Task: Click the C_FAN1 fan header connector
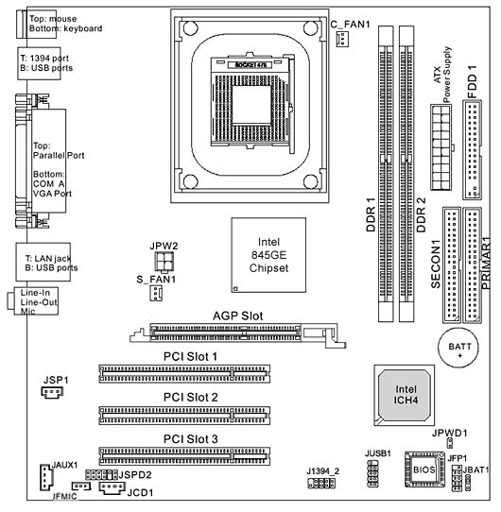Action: coord(342,39)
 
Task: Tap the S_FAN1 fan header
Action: coord(156,293)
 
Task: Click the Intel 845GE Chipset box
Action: coord(268,255)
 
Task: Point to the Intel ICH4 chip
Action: coord(405,395)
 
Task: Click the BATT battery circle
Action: coord(458,348)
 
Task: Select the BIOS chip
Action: coord(424,469)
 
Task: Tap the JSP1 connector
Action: coord(52,392)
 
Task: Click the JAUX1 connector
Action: coord(46,477)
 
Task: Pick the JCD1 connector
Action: coord(112,487)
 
